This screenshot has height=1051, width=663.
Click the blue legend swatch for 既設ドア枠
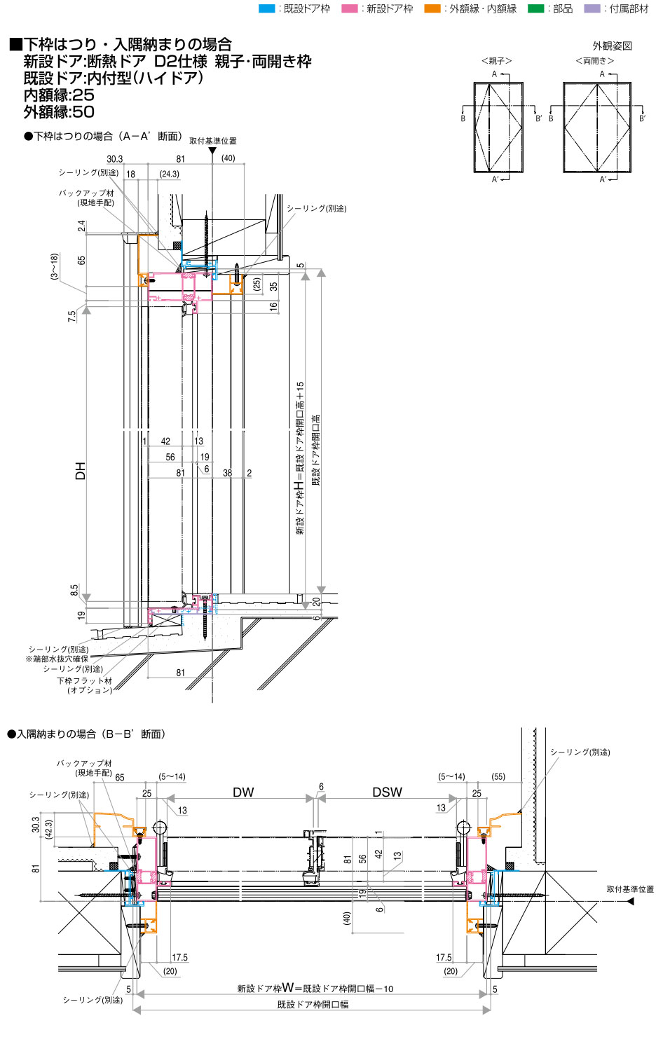pyautogui.click(x=266, y=8)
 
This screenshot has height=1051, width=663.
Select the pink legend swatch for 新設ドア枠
pyautogui.click(x=349, y=8)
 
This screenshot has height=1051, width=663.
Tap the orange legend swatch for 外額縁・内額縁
pyautogui.click(x=432, y=8)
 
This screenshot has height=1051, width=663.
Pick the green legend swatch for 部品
pyautogui.click(x=535, y=8)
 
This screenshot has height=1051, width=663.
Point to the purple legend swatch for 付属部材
pyautogui.click(x=592, y=8)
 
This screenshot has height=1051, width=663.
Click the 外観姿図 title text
pyautogui.click(x=612, y=46)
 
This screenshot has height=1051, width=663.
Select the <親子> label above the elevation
pyautogui.click(x=497, y=61)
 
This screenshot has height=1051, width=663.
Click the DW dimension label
pyautogui.click(x=243, y=792)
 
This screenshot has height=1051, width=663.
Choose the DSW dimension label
pyautogui.click(x=387, y=792)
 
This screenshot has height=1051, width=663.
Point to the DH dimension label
pyautogui.click(x=81, y=471)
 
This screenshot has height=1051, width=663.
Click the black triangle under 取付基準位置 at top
pyautogui.click(x=212, y=151)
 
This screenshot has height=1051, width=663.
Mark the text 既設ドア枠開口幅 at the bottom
pyautogui.click(x=313, y=1005)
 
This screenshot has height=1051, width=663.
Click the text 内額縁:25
pyautogui.click(x=59, y=95)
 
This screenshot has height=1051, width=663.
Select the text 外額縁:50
pyautogui.click(x=59, y=112)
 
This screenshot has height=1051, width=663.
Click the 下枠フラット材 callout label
pyautogui.click(x=85, y=680)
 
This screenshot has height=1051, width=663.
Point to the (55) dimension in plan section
pyautogui.click(x=498, y=776)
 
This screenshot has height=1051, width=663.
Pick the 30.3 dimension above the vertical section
pyautogui.click(x=115, y=159)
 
